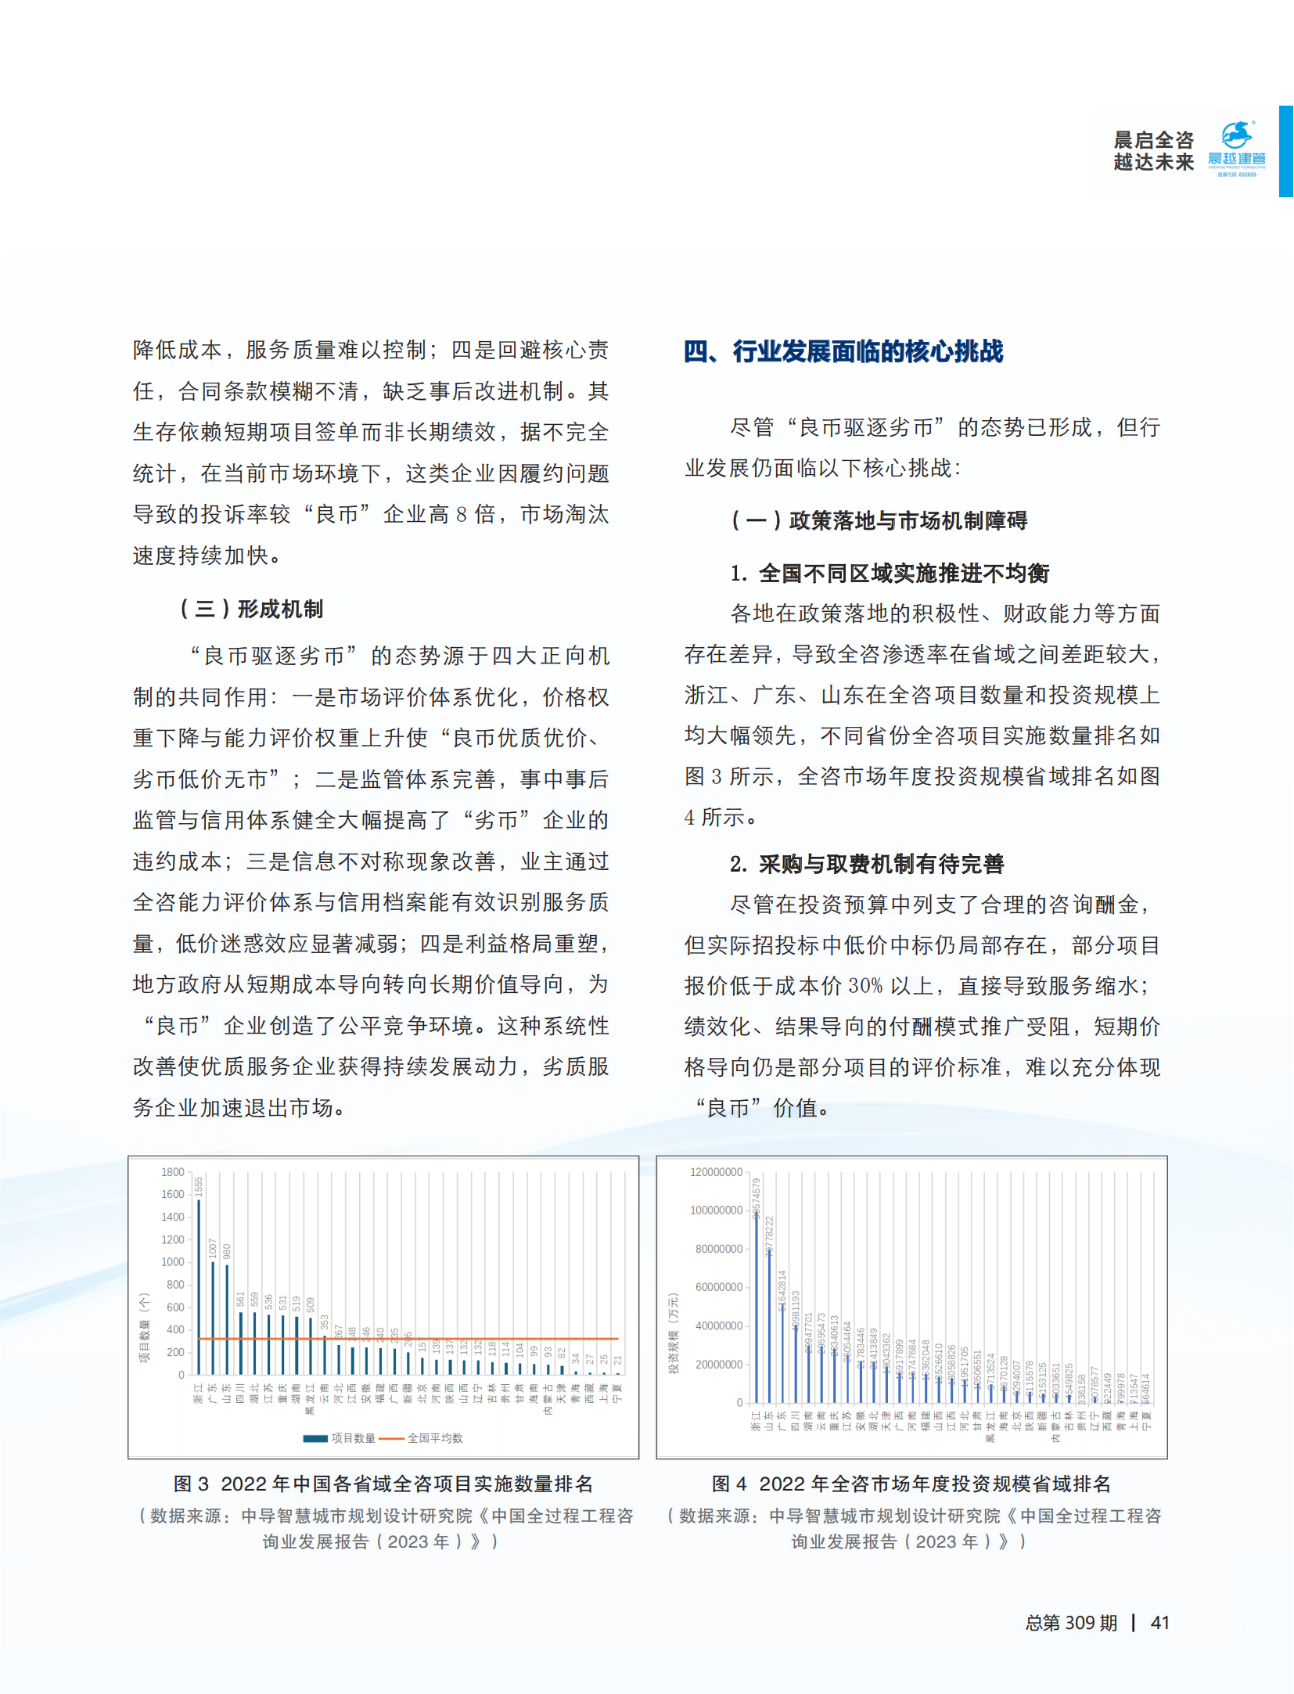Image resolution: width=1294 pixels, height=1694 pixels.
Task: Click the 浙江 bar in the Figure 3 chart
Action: click(199, 1287)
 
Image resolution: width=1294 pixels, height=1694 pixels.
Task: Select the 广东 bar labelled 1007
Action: click(213, 1318)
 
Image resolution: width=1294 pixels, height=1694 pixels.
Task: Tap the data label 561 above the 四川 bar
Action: click(241, 1299)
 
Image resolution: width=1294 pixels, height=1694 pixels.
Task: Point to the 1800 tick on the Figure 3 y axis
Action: click(173, 1172)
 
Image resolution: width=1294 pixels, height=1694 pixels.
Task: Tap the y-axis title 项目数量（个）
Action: click(144, 1328)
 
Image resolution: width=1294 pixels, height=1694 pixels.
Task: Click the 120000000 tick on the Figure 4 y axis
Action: click(716, 1172)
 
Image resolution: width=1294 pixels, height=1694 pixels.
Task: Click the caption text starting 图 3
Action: click(383, 1484)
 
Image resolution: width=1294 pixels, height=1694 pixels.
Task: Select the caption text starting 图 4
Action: click(911, 1484)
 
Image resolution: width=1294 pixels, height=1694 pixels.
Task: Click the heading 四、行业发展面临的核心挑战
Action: click(843, 351)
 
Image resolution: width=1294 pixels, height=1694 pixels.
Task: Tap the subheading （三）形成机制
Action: click(251, 609)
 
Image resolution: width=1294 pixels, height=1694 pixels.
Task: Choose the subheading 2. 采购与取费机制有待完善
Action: click(867, 864)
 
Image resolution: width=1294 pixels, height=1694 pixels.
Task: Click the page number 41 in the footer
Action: click(1160, 1623)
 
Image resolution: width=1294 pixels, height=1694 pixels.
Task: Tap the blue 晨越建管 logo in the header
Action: click(1236, 146)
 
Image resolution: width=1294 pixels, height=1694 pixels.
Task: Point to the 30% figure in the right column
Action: click(865, 986)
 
